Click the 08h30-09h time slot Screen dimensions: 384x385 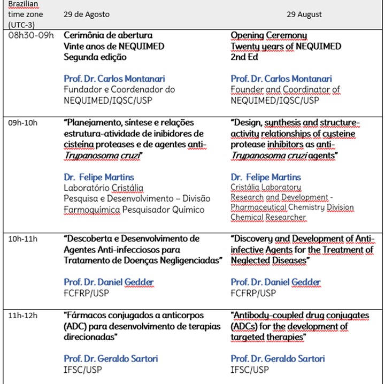click(31, 36)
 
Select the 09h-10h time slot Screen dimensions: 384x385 click(23, 122)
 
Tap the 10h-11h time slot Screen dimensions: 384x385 click(23, 239)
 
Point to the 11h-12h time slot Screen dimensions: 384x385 click(23, 316)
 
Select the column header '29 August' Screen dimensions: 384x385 click(304, 14)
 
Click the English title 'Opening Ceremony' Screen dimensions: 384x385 click(269, 36)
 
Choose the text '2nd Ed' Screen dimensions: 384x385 click(244, 57)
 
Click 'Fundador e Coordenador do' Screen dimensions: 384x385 click(119, 89)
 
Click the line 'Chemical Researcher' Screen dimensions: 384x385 click(268, 217)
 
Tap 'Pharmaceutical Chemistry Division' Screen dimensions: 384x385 click(292, 208)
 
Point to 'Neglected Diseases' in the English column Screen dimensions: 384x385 click(270, 260)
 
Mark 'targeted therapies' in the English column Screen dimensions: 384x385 click(268, 337)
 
